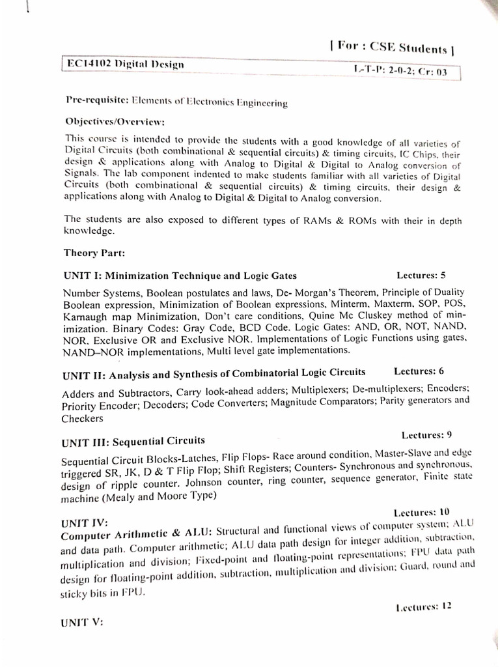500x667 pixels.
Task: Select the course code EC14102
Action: [89, 64]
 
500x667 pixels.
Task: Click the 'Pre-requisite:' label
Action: [97, 101]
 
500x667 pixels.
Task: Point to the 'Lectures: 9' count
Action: [426, 434]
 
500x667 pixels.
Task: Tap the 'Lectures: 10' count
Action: [421, 513]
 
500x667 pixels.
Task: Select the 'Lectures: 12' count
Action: [423, 606]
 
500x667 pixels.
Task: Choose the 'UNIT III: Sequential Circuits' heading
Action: [133, 442]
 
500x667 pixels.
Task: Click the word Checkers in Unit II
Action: [82, 419]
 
